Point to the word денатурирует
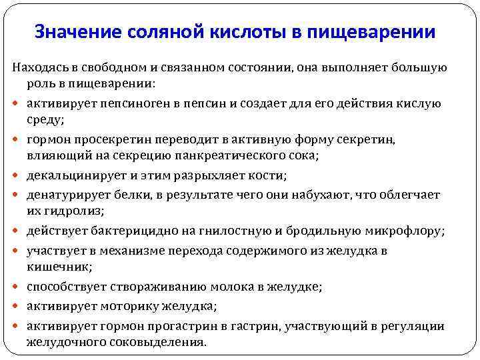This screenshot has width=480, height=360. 65,195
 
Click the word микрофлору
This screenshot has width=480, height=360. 405,231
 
